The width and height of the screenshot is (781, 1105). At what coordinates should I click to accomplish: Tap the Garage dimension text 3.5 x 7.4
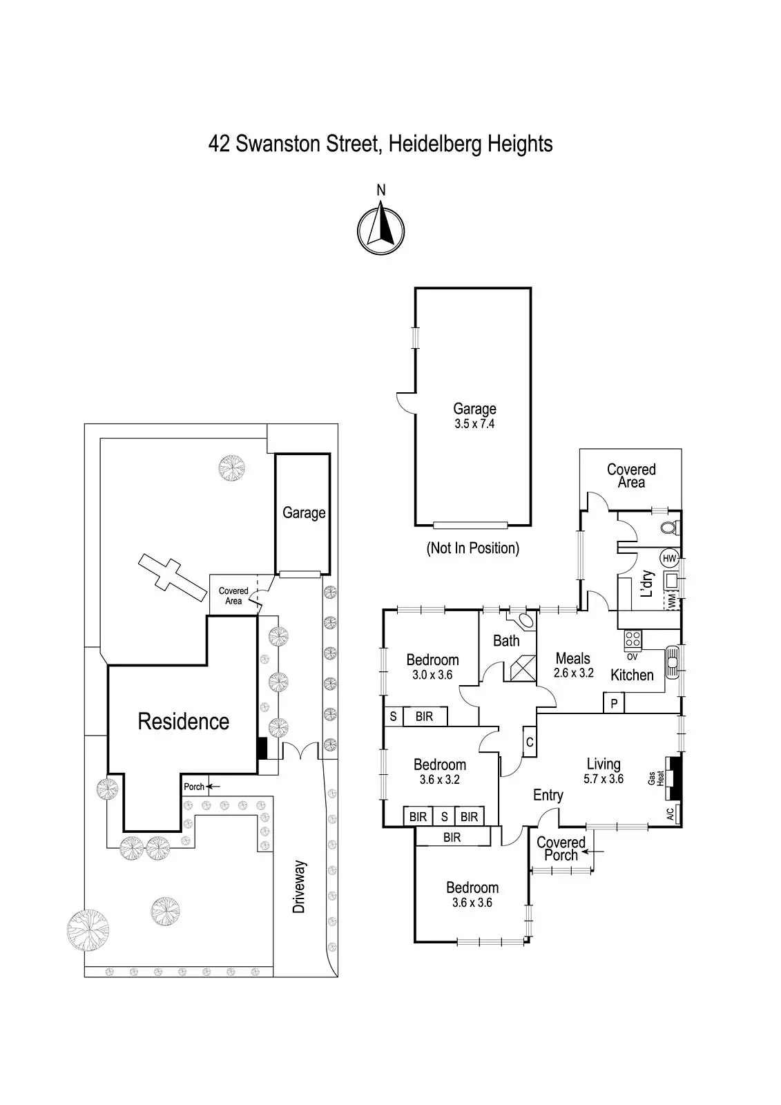pyautogui.click(x=474, y=424)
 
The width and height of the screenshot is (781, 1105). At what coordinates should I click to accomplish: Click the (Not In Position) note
pyautogui.click(x=473, y=548)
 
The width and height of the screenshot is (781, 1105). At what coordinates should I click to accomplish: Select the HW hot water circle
pyautogui.click(x=668, y=558)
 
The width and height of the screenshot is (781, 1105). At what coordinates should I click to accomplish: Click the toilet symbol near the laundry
pyautogui.click(x=668, y=528)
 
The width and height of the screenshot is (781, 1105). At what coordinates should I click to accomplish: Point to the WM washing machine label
pyautogui.click(x=671, y=601)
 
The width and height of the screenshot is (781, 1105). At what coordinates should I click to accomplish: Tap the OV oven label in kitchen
pyautogui.click(x=632, y=657)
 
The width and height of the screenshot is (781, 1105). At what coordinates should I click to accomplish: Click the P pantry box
pyautogui.click(x=614, y=704)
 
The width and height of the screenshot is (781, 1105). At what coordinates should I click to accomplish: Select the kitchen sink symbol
pyautogui.click(x=672, y=664)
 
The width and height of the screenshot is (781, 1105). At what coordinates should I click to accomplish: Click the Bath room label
pyautogui.click(x=506, y=641)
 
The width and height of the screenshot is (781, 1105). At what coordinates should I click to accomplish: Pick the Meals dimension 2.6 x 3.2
pyautogui.click(x=573, y=673)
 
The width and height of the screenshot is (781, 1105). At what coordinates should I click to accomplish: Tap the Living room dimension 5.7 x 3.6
pyautogui.click(x=604, y=779)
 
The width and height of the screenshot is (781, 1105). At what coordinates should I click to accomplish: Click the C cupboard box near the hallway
pyautogui.click(x=530, y=742)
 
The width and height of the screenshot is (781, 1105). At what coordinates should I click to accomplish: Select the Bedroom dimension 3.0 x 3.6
pyautogui.click(x=432, y=675)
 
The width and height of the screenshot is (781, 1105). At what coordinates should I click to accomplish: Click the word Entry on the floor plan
pyautogui.click(x=548, y=796)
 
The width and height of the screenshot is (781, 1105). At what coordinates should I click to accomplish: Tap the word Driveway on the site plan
pyautogui.click(x=299, y=887)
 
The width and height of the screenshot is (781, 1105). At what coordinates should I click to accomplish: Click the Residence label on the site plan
pyautogui.click(x=183, y=722)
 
